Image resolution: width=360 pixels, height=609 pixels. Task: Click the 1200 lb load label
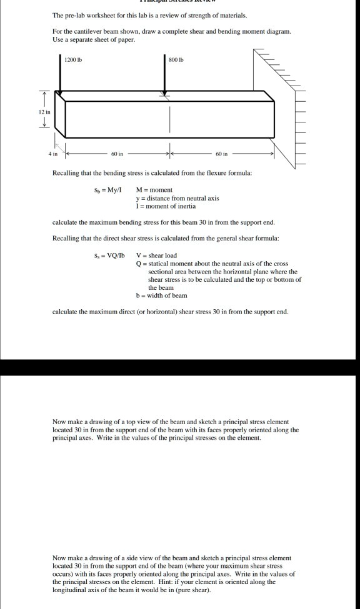[74, 60]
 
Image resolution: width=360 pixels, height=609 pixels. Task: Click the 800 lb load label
[177, 60]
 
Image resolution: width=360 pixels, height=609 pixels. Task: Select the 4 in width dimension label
[54, 152]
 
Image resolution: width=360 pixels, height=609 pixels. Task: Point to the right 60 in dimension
[222, 152]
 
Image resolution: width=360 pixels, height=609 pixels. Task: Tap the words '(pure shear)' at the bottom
[193, 590]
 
